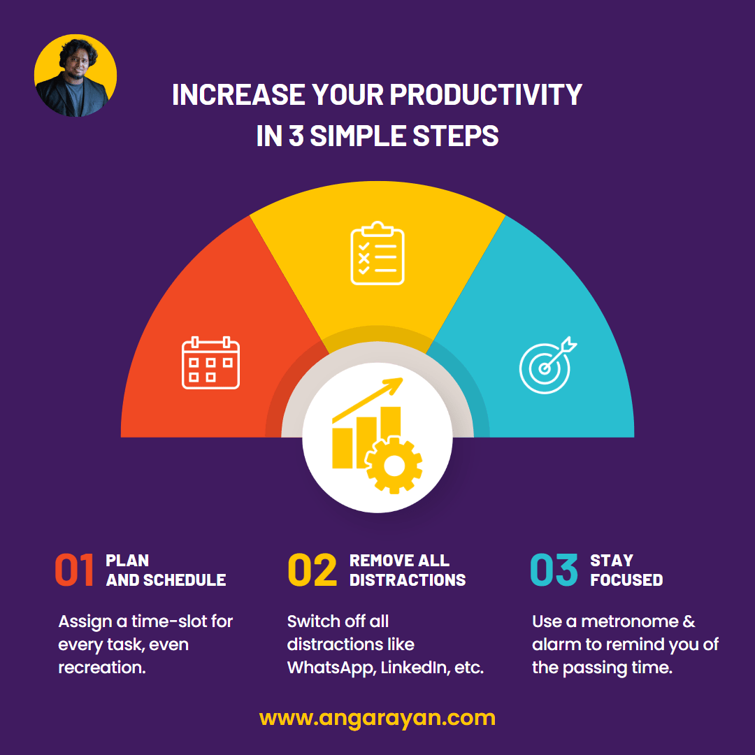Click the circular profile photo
coord(75,75)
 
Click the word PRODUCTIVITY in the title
coord(486,95)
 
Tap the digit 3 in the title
coord(296,136)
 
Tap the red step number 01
coord(74,570)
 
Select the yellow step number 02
coord(312,570)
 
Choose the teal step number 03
coord(554,570)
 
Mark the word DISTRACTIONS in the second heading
coord(408,580)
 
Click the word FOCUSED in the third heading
coord(626,580)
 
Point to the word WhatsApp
coord(333,668)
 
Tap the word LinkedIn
coord(417,668)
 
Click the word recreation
coord(102,668)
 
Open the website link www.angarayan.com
coord(377,718)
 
